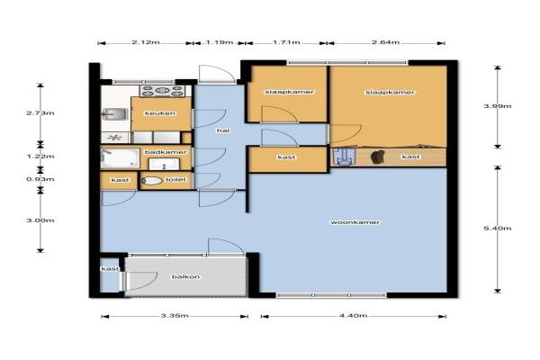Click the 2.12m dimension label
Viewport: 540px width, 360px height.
(x=145, y=42)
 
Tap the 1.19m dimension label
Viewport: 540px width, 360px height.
(x=220, y=42)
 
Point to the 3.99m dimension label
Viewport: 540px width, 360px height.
(x=498, y=106)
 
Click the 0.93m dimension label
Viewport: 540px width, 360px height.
(x=40, y=179)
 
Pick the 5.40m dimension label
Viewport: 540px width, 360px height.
(x=498, y=228)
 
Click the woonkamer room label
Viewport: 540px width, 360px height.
(x=355, y=222)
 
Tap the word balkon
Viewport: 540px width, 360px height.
(x=185, y=276)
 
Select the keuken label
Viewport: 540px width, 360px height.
(x=160, y=113)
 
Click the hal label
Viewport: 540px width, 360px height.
(x=223, y=130)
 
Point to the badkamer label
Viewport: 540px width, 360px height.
(x=166, y=152)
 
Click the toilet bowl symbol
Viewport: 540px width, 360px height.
(x=152, y=181)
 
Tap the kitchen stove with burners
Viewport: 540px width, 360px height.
(x=162, y=91)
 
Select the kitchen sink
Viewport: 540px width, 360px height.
(x=115, y=114)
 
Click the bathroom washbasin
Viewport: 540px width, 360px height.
(x=164, y=164)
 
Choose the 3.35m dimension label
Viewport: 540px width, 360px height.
(x=175, y=315)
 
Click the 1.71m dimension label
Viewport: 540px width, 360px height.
(x=286, y=42)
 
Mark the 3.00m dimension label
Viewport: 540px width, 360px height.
(x=40, y=220)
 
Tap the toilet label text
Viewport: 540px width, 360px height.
(x=175, y=179)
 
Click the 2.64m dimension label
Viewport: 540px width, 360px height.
(x=386, y=42)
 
